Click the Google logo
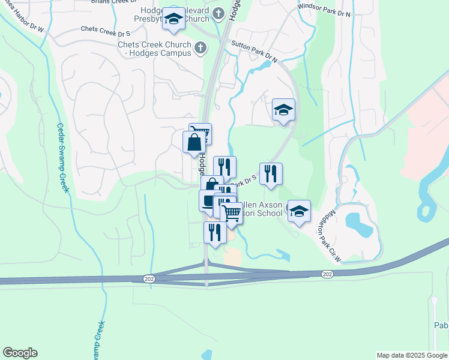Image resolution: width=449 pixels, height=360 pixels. click(x=20, y=353)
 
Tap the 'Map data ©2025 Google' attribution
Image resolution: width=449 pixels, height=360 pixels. click(x=412, y=355)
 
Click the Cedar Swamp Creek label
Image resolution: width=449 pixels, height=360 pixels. click(x=62, y=158)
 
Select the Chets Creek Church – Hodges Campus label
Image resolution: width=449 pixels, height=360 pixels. click(x=154, y=49)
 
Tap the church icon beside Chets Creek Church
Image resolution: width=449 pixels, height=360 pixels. click(x=200, y=46)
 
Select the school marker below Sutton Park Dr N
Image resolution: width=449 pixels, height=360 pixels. click(x=283, y=110)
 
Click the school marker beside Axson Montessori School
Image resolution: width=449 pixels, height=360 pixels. click(x=299, y=211)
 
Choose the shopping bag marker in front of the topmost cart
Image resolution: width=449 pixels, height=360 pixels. click(x=194, y=143)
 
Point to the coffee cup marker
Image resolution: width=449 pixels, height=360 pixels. click(x=208, y=200)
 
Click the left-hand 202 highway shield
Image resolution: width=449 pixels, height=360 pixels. click(x=148, y=279)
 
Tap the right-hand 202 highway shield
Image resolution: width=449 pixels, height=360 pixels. click(x=327, y=274)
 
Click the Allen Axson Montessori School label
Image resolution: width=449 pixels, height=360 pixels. click(x=263, y=208)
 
